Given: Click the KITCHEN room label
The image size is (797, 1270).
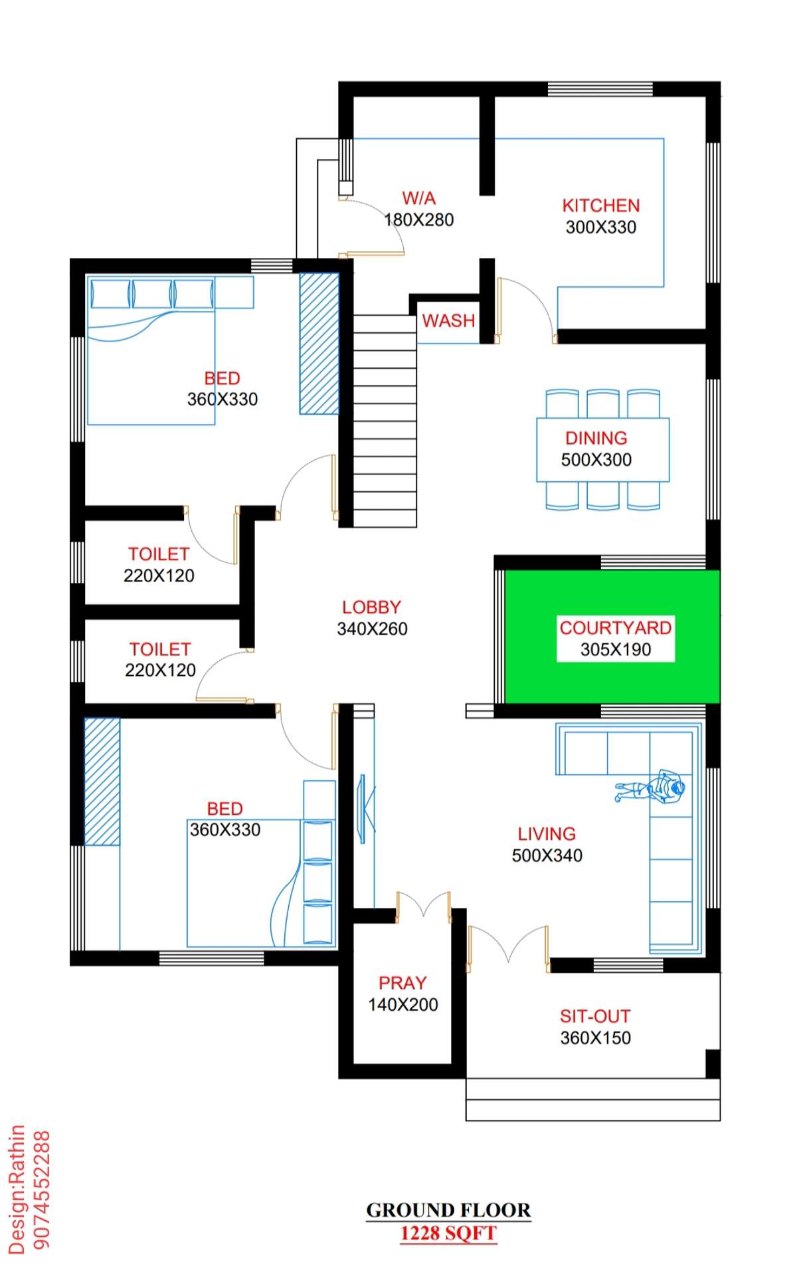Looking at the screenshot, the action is (x=601, y=205).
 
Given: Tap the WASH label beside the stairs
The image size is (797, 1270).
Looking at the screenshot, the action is (x=449, y=320).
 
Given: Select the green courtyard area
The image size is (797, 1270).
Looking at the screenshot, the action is (x=612, y=636).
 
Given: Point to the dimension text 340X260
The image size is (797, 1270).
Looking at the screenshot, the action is (x=372, y=629).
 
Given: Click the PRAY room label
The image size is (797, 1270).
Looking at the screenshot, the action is (x=402, y=983).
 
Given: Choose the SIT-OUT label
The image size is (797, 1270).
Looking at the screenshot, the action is (x=595, y=1016).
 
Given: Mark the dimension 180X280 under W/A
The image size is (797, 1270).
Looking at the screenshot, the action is (x=419, y=220).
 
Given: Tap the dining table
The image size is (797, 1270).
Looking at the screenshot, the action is (x=603, y=449).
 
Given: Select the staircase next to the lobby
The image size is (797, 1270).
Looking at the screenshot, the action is (x=385, y=421).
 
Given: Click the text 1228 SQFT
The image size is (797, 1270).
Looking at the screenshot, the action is (x=448, y=1233).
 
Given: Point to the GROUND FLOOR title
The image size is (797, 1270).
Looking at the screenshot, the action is (x=448, y=1210).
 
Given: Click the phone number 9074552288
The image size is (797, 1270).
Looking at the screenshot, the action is (x=41, y=1190).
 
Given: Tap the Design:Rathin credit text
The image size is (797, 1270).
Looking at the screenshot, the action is (x=17, y=1190).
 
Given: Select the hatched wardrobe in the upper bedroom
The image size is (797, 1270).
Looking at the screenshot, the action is (x=319, y=344).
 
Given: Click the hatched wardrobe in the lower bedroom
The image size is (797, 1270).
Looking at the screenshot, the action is (x=102, y=782).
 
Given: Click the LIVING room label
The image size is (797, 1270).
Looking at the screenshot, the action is (x=547, y=834).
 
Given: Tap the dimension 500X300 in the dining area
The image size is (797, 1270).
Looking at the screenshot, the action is (x=596, y=460).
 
